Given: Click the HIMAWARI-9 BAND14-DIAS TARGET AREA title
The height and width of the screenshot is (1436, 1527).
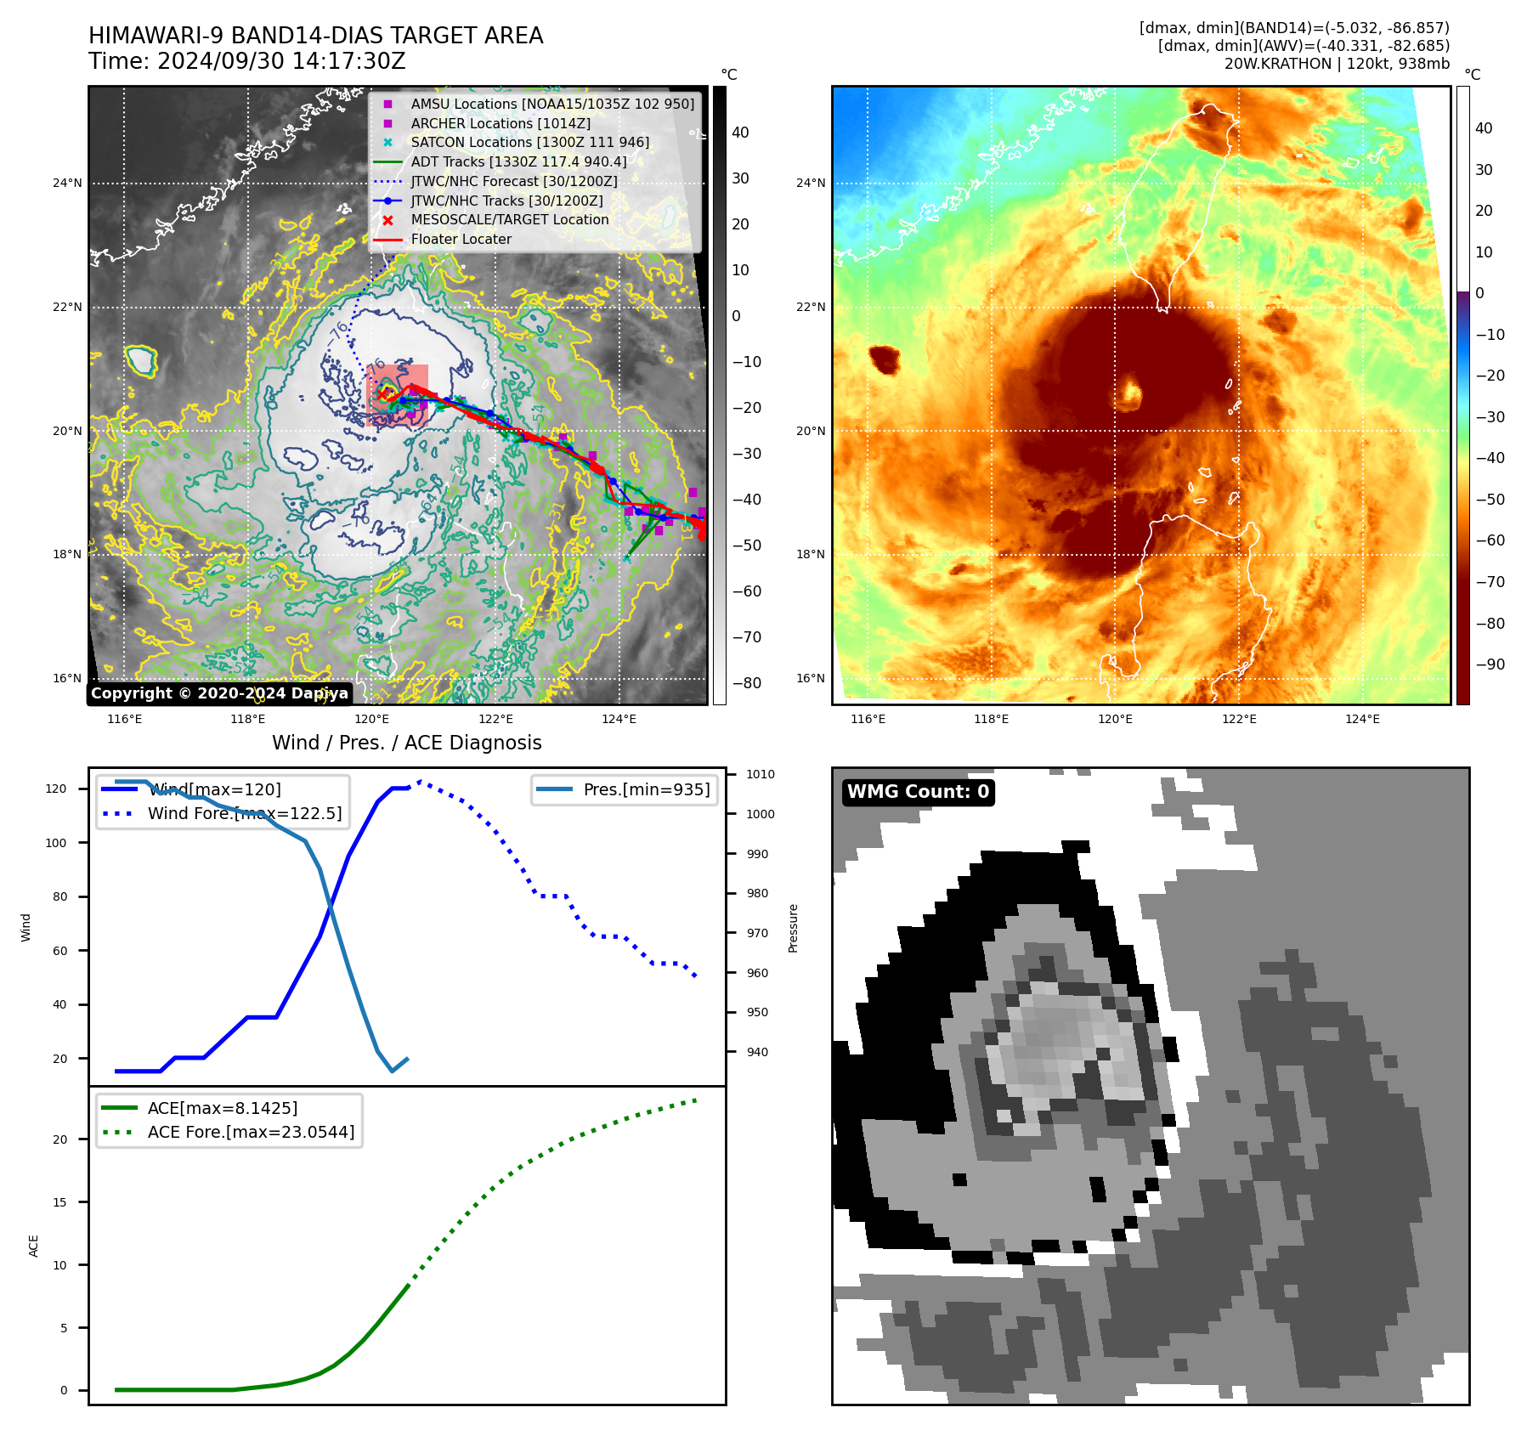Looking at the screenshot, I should click(x=315, y=37).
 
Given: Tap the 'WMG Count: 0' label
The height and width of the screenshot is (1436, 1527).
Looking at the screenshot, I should click(x=918, y=792).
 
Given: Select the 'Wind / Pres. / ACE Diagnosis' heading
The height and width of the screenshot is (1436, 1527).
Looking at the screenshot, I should click(x=406, y=743).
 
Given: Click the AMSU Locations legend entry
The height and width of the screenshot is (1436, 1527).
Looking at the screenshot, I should click(x=551, y=104).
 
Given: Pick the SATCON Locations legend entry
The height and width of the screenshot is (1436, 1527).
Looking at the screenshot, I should click(x=529, y=142).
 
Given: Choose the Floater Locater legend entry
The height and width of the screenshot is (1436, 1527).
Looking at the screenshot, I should click(x=461, y=240).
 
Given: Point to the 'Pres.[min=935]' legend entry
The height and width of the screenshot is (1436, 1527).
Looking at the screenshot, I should click(x=646, y=789).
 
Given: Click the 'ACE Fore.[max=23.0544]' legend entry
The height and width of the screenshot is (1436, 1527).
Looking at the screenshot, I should click(x=251, y=1132).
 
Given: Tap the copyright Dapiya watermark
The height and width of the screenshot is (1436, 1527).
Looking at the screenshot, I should click(x=219, y=693).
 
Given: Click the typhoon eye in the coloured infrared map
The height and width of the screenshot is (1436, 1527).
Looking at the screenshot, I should click(x=1131, y=393).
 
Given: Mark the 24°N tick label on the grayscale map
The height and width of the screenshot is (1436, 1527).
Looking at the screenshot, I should click(x=67, y=183).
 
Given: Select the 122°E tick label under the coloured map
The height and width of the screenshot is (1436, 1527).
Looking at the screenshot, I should click(x=1238, y=720).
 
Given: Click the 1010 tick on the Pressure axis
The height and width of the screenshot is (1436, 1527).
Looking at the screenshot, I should click(x=760, y=774).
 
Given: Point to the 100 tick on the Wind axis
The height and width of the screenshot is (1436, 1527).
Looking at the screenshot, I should click(x=55, y=843).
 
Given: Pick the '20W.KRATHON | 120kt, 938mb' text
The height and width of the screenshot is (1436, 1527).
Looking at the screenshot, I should click(x=1337, y=64).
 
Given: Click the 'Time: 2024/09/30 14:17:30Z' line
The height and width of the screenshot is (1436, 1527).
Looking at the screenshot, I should click(x=246, y=62).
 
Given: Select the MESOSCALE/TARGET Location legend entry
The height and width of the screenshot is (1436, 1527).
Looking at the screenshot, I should click(x=509, y=220).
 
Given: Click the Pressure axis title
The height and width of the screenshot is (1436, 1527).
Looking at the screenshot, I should click(x=793, y=928).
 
